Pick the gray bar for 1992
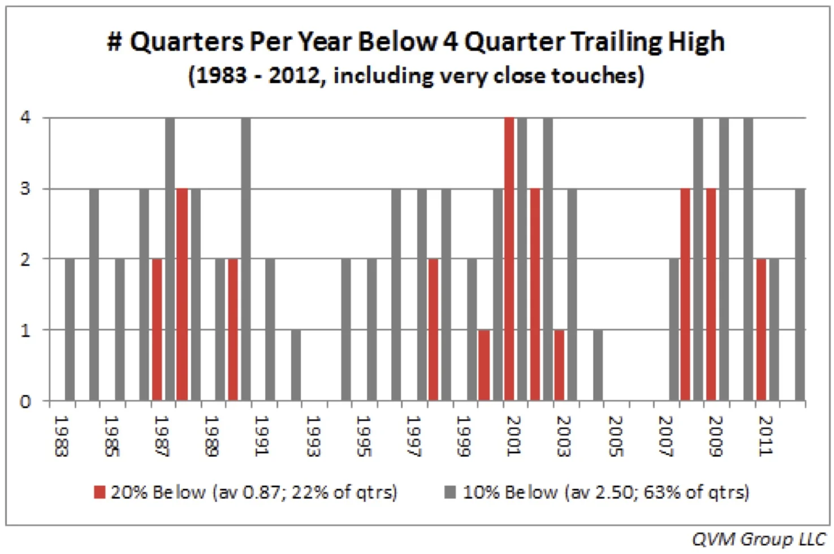pos(296,365)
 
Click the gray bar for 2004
pos(598,365)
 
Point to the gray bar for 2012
pos(800,294)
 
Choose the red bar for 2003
pos(559,365)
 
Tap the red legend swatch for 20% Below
pos(100,492)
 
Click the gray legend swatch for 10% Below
pos(450,492)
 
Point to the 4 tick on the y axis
pos(25,118)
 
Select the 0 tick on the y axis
pos(25,402)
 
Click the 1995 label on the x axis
pos(363,436)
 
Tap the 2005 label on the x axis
pos(615,436)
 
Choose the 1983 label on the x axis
pos(61,436)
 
